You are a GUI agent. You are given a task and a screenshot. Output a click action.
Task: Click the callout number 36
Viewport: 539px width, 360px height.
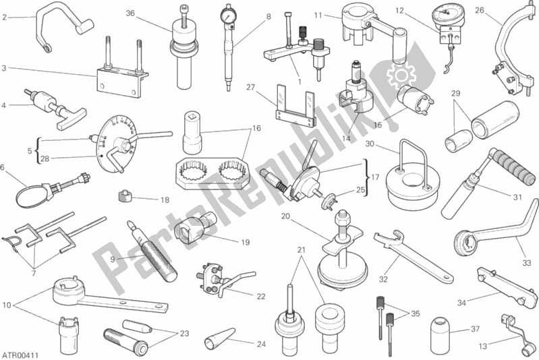click(130, 13)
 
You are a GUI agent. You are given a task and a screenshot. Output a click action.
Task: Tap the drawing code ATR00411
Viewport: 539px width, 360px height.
click(20, 355)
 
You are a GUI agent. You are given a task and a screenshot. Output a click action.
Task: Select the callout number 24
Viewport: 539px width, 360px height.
click(261, 344)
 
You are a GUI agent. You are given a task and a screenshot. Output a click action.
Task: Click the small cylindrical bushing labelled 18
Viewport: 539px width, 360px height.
click(124, 196)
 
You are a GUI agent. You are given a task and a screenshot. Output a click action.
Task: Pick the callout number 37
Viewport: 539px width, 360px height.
click(475, 329)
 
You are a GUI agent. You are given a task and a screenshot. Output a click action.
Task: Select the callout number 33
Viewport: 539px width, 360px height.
click(527, 263)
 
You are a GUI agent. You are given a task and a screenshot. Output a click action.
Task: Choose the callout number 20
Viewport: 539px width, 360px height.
click(285, 216)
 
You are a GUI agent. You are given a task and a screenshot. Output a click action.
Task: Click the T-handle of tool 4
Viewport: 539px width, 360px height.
click(70, 117)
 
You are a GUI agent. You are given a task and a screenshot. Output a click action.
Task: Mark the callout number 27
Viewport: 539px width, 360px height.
click(250, 87)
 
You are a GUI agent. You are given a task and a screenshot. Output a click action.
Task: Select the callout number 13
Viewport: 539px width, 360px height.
click(483, 347)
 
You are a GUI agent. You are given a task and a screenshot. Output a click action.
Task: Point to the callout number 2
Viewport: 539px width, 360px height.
click(4, 17)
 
